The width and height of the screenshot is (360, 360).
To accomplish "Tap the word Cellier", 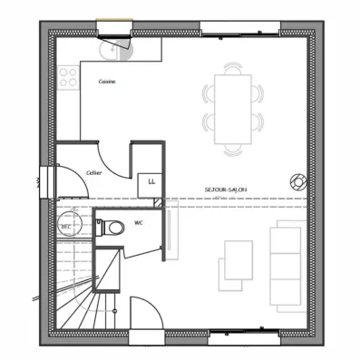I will (93, 171).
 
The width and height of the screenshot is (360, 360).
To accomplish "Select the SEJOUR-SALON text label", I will (227, 190).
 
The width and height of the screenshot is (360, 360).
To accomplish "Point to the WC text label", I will (138, 220).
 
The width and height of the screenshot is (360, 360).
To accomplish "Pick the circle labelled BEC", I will (66, 224).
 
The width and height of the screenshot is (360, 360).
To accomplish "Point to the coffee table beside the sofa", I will (238, 264).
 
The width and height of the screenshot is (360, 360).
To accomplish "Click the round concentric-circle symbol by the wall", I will (296, 180).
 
